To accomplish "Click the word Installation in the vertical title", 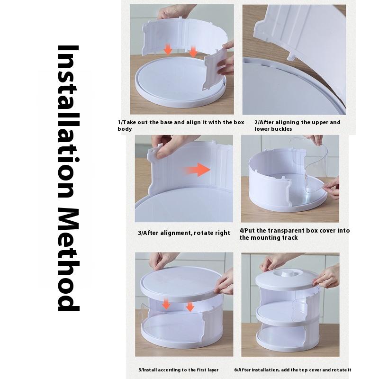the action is click(x=68, y=121).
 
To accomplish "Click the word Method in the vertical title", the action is click(x=68, y=259).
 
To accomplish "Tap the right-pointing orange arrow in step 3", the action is click(x=198, y=170).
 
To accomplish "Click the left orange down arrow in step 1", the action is click(x=168, y=50).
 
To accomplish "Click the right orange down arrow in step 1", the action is click(x=193, y=52).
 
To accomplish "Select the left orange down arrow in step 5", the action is click(x=166, y=303).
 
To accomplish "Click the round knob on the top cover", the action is click(x=287, y=273).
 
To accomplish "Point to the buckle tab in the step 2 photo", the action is click(x=291, y=56).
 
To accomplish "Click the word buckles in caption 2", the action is click(x=282, y=129).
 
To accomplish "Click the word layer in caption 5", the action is click(x=213, y=370).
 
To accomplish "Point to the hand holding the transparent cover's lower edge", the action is click(x=332, y=188).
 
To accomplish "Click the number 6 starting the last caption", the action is click(x=235, y=370).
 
